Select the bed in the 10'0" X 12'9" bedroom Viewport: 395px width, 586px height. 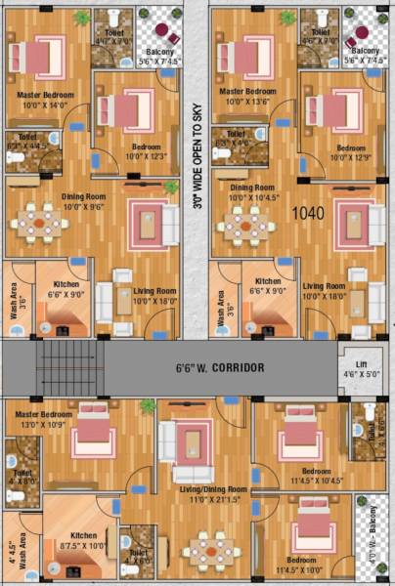(343, 107)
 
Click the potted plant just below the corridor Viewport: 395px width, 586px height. (148, 404)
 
